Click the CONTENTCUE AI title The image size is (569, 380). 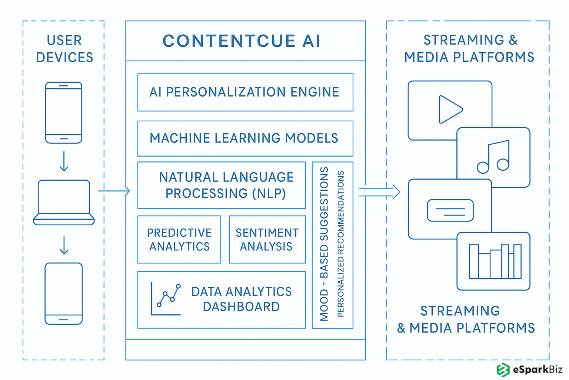point(242,41)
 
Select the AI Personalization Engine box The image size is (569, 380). point(245,92)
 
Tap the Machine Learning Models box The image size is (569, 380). point(245,138)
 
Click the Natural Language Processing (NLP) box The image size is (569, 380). point(222,185)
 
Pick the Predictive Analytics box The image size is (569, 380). point(179,239)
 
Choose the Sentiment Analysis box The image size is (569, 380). point(267,239)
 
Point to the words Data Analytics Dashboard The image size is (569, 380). point(242,299)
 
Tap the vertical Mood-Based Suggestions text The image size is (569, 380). point(324,244)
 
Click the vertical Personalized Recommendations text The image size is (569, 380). point(341,244)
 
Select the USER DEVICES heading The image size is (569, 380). point(64,49)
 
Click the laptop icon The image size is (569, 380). point(64,203)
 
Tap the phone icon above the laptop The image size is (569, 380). point(64,113)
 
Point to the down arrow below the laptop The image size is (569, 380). point(64,245)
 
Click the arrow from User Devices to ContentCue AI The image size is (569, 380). point(114,191)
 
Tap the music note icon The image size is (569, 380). point(494,157)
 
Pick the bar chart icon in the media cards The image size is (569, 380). point(495,261)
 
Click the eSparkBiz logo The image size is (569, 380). point(529,370)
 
